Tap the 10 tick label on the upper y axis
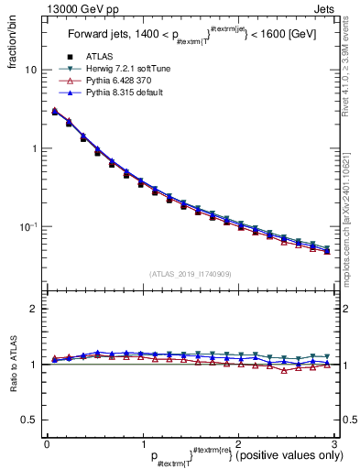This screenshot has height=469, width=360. coord(31,70)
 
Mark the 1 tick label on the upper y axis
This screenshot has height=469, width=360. coord(34,148)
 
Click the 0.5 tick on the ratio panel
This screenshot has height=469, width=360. coord(30,420)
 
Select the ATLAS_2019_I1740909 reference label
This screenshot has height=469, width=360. coord(189,274)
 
